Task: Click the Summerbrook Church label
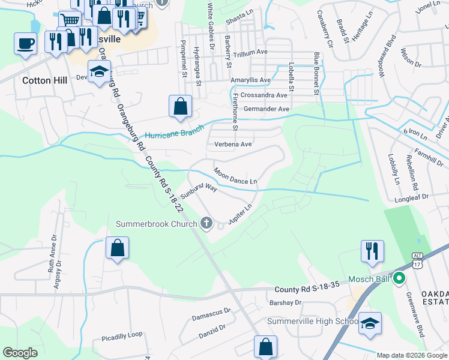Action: pyautogui.click(x=157, y=224)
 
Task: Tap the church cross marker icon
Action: pyautogui.click(x=206, y=224)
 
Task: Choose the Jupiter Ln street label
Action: pyautogui.click(x=240, y=214)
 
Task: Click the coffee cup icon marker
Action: pyautogui.click(x=25, y=44)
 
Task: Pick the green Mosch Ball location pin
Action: pyautogui.click(x=399, y=278)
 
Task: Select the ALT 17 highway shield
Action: pyautogui.click(x=417, y=259)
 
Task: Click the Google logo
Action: pyautogui.click(x=21, y=353)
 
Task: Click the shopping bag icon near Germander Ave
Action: pyautogui.click(x=180, y=107)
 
